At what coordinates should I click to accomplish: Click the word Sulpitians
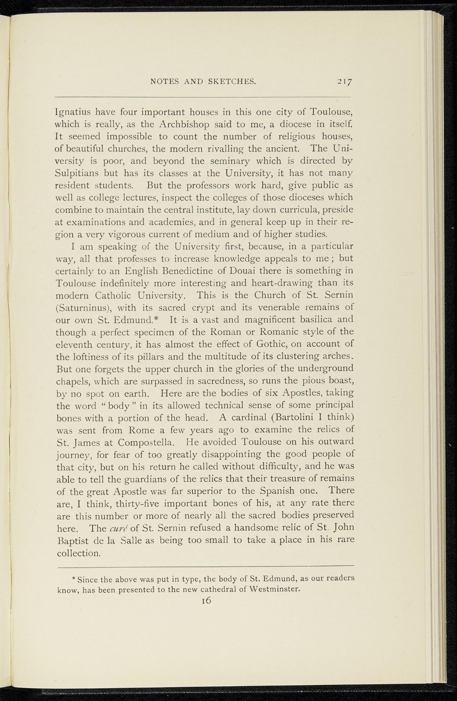coord(77,173)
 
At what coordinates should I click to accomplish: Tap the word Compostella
coord(147,442)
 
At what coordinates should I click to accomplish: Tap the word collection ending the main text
coord(78,553)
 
